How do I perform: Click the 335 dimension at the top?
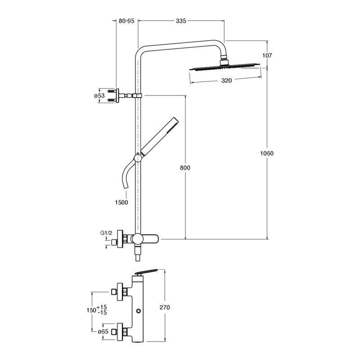181,21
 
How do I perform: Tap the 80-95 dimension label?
126,21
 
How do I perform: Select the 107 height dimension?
267,55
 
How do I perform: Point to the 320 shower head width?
226,81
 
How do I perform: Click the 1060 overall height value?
267,153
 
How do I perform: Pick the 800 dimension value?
185,168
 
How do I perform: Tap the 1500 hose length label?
121,202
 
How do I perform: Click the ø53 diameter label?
99,95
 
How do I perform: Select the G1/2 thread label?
106,233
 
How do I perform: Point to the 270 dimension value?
165,307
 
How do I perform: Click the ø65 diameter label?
103,332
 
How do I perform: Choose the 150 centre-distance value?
91,310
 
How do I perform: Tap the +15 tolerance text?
102,307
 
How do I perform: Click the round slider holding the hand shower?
138,158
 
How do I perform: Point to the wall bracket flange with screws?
117,95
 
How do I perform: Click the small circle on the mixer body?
138,311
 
